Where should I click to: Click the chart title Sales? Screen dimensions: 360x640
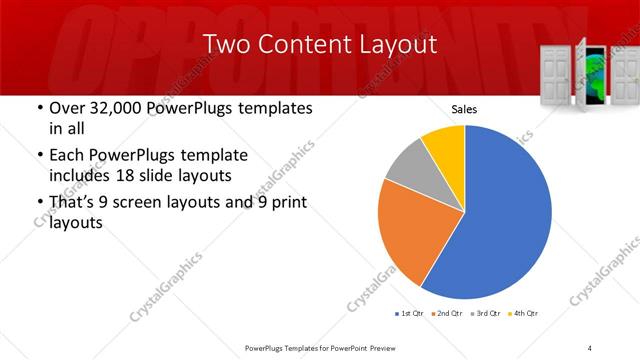click(464, 109)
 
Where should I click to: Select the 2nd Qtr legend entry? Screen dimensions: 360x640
click(449, 314)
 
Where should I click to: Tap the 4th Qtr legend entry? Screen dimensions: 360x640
click(524, 314)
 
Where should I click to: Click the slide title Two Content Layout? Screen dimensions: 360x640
click(319, 45)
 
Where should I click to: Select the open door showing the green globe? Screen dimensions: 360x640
click(594, 76)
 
